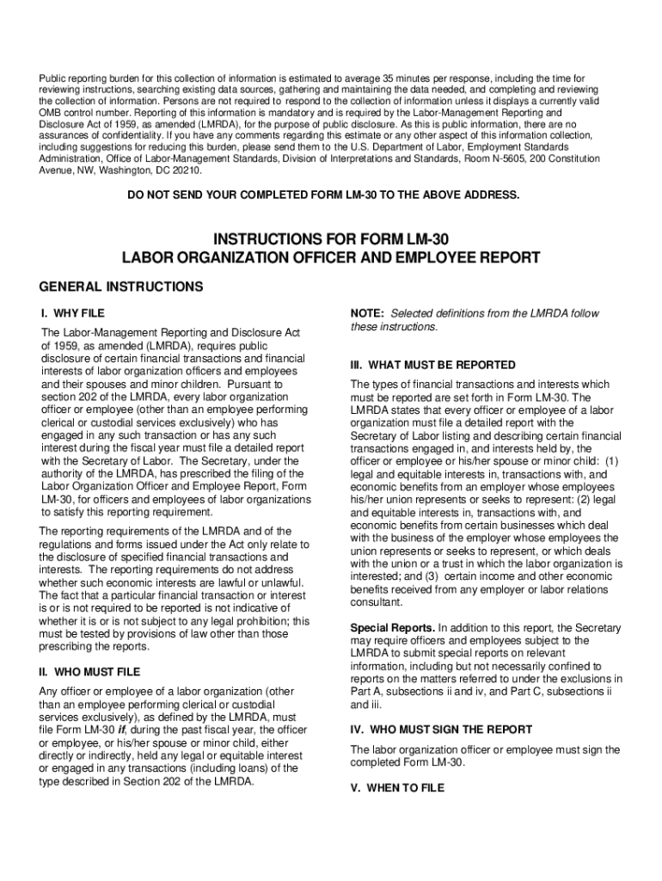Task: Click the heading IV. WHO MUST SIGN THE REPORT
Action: pyautogui.click(x=441, y=729)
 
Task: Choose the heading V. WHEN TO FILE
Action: pyautogui.click(x=397, y=786)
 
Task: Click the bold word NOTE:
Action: pyautogui.click(x=367, y=313)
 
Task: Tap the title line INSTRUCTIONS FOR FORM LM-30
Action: pyautogui.click(x=331, y=237)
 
